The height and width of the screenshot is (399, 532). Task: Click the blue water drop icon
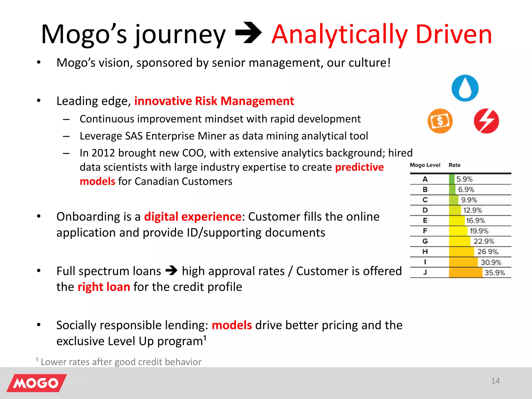(465, 88)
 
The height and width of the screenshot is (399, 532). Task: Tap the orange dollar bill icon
(440, 121)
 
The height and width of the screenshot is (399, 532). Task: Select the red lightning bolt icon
(486, 121)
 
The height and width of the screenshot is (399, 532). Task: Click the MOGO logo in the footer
(37, 383)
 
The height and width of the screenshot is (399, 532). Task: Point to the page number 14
(495, 381)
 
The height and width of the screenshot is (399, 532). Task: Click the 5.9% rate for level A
(464, 179)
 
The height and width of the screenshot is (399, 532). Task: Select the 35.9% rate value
(494, 273)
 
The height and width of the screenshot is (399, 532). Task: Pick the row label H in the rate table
(425, 252)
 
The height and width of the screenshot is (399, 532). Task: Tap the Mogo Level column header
(425, 165)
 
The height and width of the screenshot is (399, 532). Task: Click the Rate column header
(454, 165)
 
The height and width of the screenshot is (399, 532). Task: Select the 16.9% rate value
(475, 221)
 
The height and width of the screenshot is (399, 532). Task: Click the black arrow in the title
(248, 33)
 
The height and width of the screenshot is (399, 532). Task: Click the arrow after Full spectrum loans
(171, 271)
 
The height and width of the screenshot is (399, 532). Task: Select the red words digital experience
(193, 217)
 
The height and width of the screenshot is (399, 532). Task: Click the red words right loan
(104, 287)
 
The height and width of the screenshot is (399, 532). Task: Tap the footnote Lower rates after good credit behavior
(121, 362)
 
